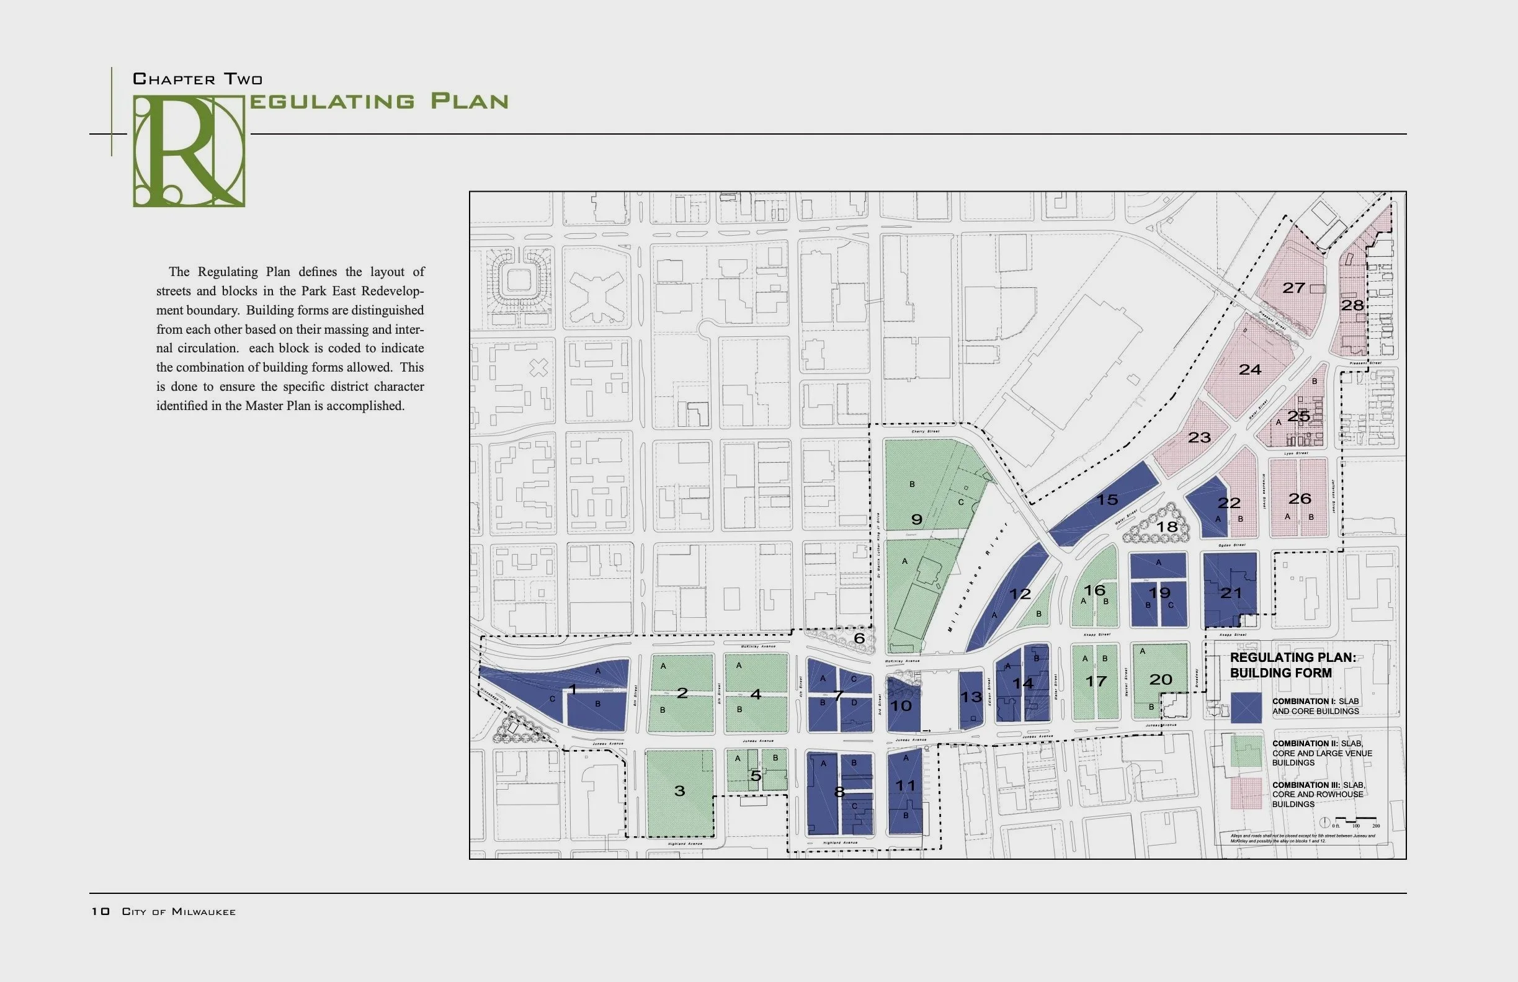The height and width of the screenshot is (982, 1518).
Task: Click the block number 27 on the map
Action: pyautogui.click(x=1293, y=288)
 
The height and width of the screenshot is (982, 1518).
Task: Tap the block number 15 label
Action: pyautogui.click(x=1107, y=500)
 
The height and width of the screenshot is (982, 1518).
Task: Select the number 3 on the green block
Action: pyautogui.click(x=680, y=792)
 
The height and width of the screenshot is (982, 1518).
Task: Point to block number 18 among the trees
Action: pyautogui.click(x=1168, y=527)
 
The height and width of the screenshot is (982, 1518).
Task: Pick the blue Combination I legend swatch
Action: pyautogui.click(x=1246, y=708)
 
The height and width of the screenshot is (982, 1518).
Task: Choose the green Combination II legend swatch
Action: pyautogui.click(x=1246, y=751)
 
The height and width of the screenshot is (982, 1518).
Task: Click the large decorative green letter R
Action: pyautogui.click(x=189, y=151)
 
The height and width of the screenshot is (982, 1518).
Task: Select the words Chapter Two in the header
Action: pyautogui.click(x=198, y=79)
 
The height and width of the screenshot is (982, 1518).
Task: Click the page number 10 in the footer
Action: pyautogui.click(x=100, y=911)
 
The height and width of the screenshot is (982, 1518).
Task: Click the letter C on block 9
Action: pyautogui.click(x=961, y=502)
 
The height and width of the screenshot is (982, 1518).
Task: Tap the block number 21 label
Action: pyautogui.click(x=1230, y=593)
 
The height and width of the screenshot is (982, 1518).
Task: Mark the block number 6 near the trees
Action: pyautogui.click(x=859, y=638)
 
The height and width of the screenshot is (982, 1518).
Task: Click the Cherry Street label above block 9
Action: pyautogui.click(x=925, y=432)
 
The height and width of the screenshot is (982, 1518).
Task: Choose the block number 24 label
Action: pyautogui.click(x=1249, y=370)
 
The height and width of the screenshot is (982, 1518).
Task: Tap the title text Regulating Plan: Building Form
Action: pyautogui.click(x=1292, y=665)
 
